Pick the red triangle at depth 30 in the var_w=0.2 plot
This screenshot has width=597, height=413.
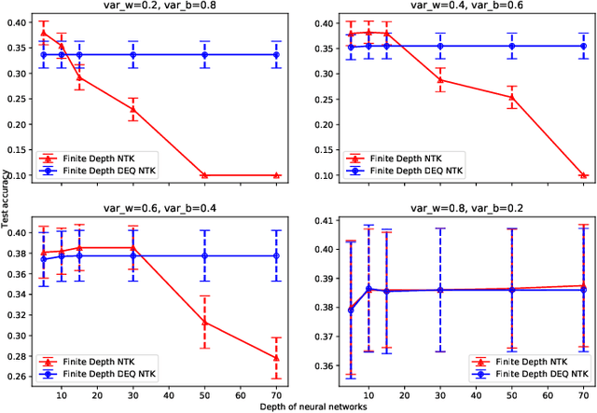(x=132, y=109)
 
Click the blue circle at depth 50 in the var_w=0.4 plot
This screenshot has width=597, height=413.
(x=511, y=46)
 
